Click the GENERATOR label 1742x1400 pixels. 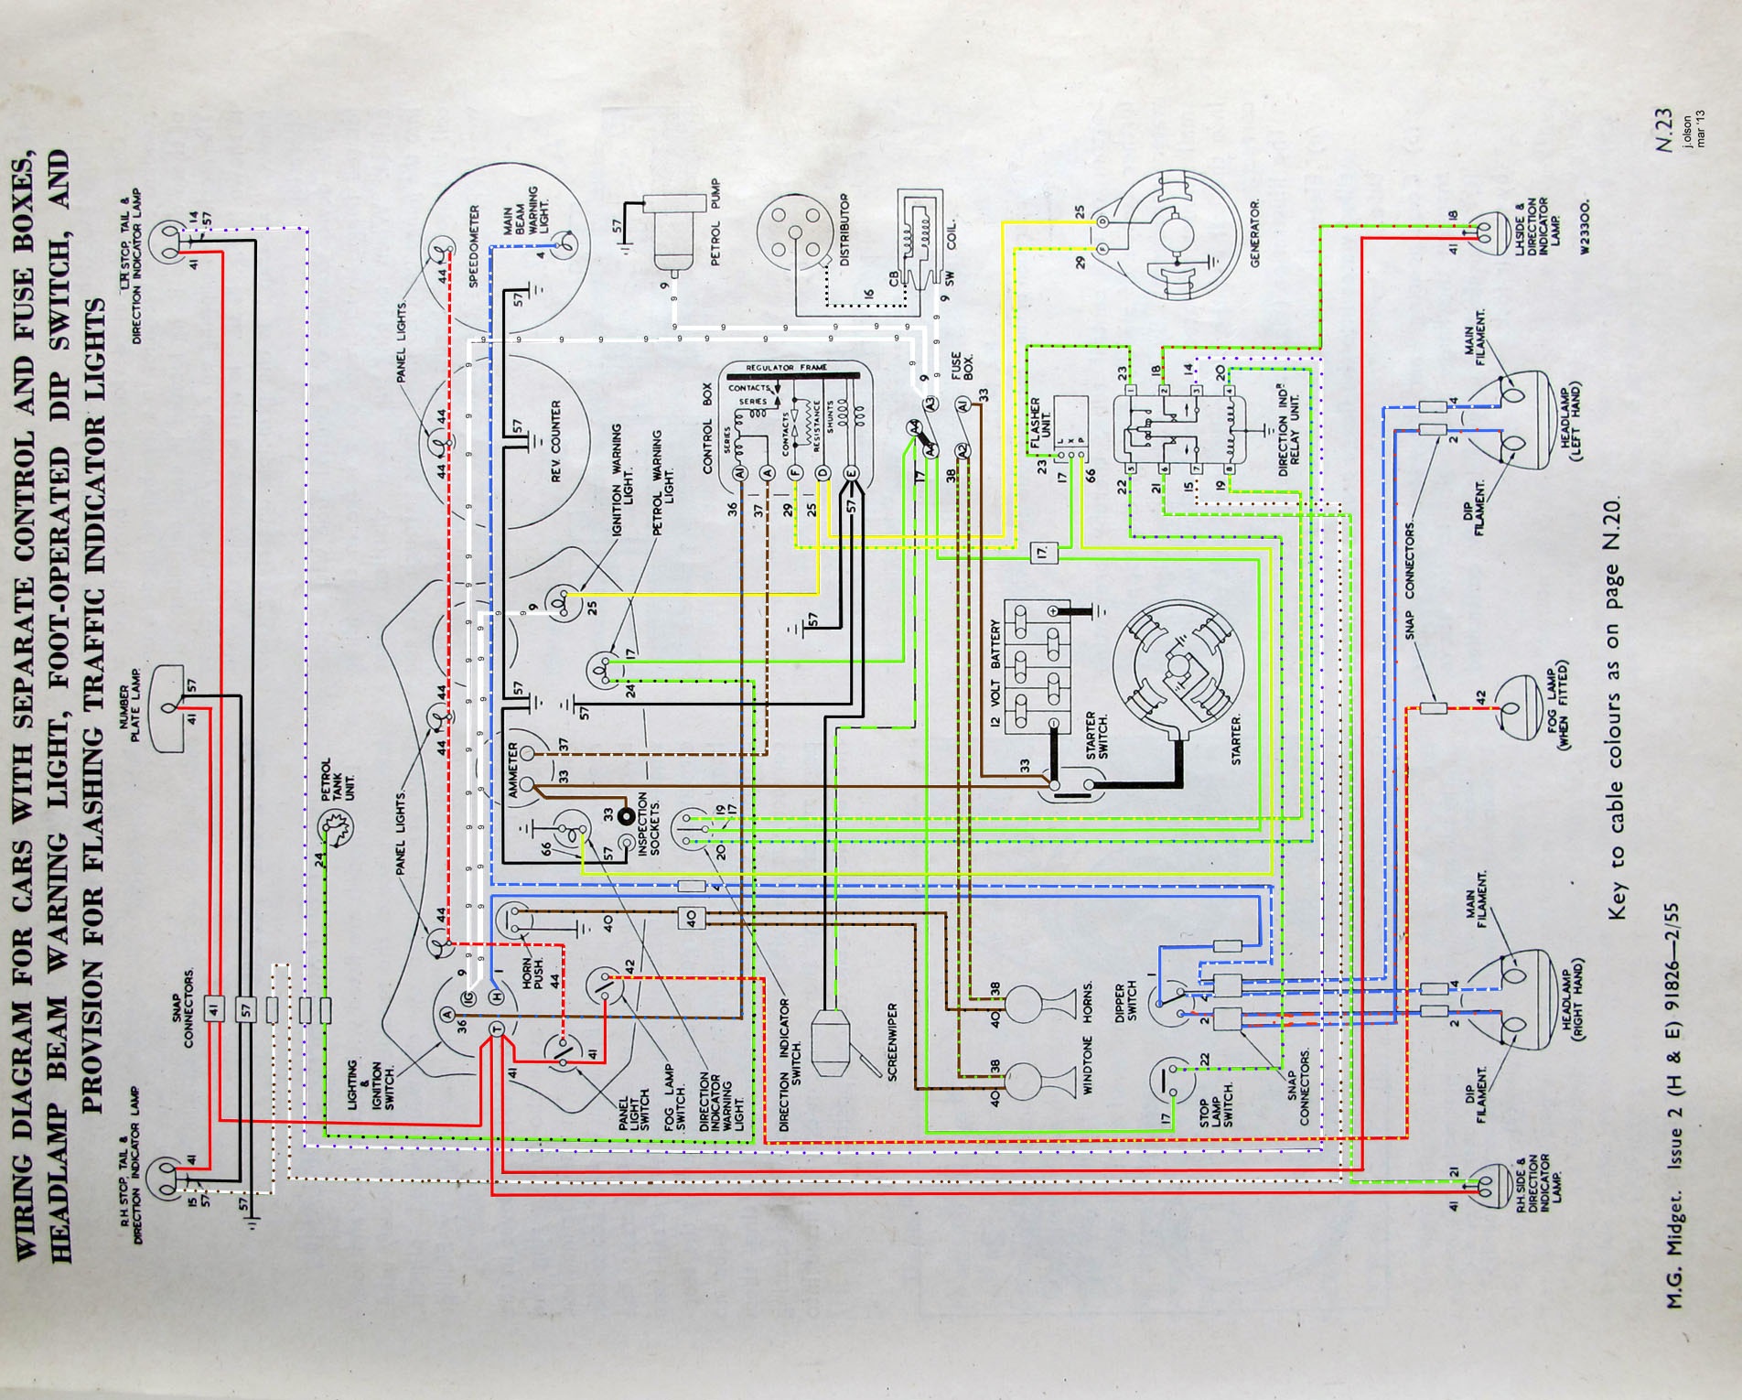pos(1254,233)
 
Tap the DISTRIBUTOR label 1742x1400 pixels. pos(844,230)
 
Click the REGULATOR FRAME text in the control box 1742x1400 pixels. pos(787,367)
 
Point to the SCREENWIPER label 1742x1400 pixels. pos(893,1041)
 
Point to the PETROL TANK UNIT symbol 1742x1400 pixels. pos(335,829)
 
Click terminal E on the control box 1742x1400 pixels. pos(851,473)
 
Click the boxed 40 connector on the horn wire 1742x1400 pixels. pos(691,918)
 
